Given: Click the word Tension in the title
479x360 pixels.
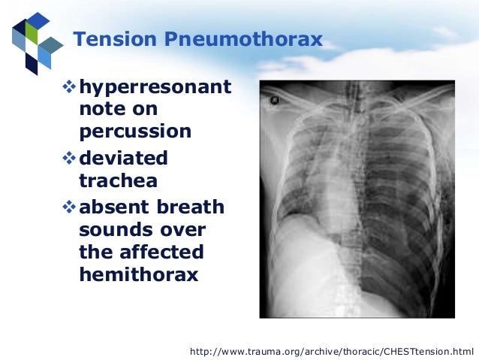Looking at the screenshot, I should pos(110,39).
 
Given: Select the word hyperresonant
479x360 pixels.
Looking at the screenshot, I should pos(155,88).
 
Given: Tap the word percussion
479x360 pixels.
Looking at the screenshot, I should pos(135,132).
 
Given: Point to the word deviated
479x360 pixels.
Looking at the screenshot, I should pos(123,159).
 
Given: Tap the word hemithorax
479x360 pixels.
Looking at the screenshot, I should pos(138,274).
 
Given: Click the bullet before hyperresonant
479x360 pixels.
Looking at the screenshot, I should pos(70,89).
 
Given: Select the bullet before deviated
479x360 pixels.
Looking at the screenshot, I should pos(70,159).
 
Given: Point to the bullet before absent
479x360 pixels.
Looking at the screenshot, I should pos(70,207).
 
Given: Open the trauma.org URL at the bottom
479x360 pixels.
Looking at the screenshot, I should pos(332,351).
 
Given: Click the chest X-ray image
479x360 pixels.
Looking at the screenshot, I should pos(357,199).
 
